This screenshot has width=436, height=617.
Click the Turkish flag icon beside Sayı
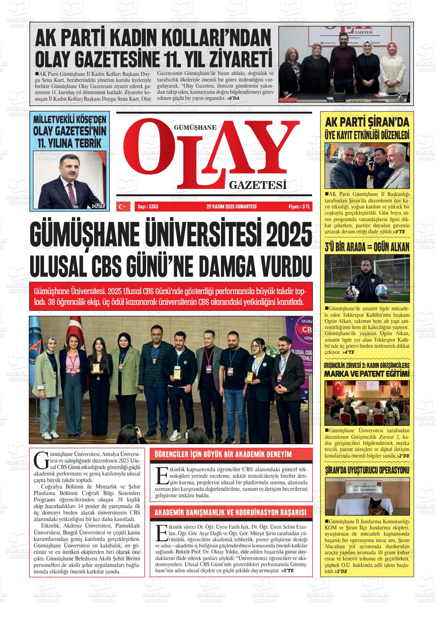[123, 207]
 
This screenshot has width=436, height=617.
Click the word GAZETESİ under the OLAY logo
[258, 185]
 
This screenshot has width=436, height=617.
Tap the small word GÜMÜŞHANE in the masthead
[195, 128]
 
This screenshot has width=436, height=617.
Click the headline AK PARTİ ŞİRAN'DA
[367, 123]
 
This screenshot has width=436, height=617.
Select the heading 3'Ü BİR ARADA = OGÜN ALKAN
[367, 247]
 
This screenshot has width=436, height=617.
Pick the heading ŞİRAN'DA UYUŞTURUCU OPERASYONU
[367, 470]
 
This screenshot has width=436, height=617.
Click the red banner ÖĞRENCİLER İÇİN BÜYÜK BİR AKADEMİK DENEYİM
[223, 454]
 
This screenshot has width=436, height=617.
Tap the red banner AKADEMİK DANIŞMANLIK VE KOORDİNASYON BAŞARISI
[231, 513]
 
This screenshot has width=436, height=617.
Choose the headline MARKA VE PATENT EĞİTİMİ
[367, 373]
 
